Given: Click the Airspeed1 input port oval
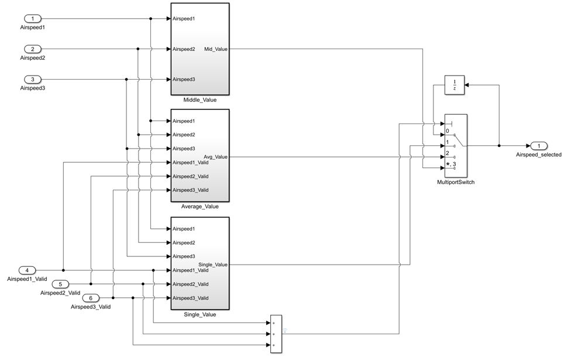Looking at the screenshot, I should pos(33,19).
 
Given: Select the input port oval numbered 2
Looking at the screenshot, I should pos(33,49).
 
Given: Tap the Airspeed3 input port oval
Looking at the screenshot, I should pos(33,80).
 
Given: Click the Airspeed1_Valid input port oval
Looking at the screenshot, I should pos(27,270).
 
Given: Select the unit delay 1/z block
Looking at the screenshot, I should pos(455,85).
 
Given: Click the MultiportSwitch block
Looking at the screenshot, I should pos(455,145).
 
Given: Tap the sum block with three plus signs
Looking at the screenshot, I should pos(276,334).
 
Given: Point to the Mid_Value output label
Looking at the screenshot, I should pos(215,49).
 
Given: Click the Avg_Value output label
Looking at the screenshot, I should pos(215,157).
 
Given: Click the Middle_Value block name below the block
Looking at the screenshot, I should pos(199,100).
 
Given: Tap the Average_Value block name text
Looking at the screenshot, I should pos(199,207).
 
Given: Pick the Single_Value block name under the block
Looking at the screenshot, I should pos(199,315).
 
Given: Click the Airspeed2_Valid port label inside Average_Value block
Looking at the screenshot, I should pos(190,176).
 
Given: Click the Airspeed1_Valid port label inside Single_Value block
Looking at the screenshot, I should pos(190,270).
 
